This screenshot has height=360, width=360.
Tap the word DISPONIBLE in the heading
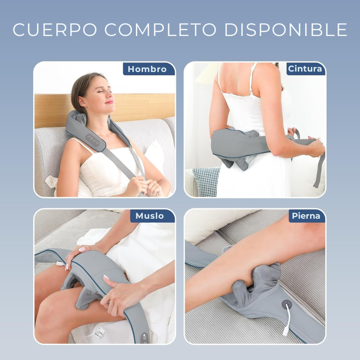286,29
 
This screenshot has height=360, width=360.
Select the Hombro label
147,69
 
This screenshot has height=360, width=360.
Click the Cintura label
305,69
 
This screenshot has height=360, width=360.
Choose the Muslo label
150,216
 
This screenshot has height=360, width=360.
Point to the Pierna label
306,216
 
